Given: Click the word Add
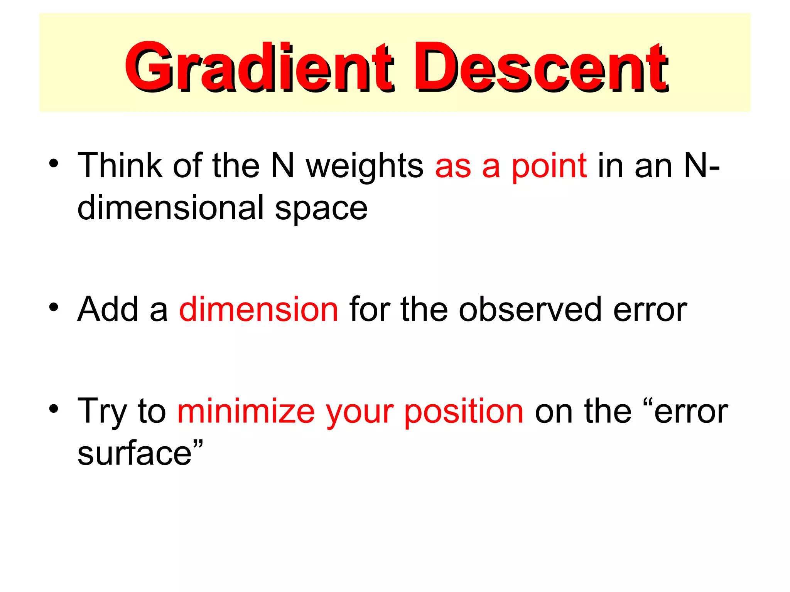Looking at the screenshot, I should pyautogui.click(x=108, y=309).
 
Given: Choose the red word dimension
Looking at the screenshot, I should pyautogui.click(x=259, y=309).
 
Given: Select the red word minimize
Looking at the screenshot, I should pyautogui.click(x=246, y=411).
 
